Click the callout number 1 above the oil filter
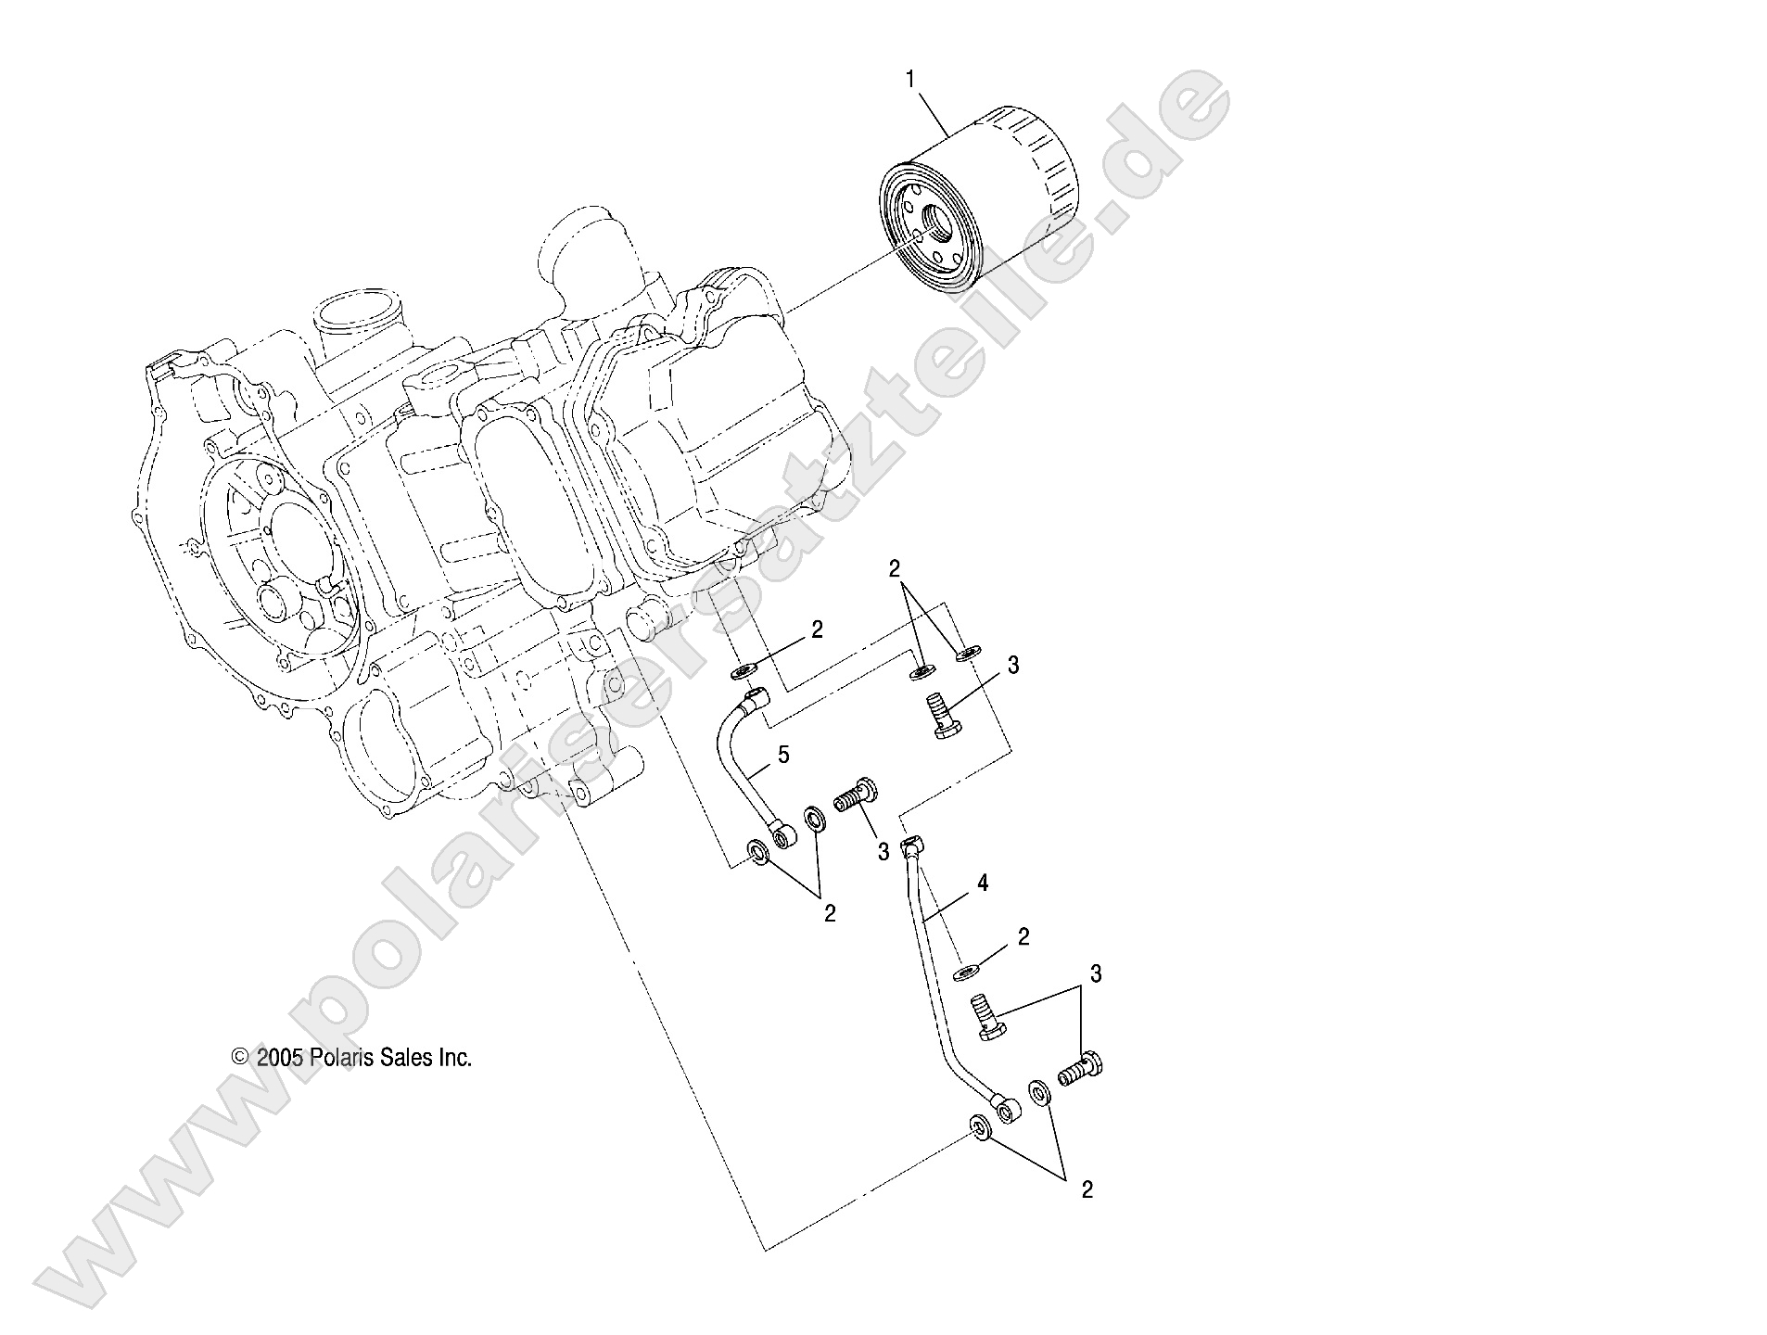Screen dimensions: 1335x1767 (909, 81)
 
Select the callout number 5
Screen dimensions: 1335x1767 (783, 755)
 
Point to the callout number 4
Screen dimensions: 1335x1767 (983, 884)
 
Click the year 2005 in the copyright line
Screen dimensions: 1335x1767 (280, 1058)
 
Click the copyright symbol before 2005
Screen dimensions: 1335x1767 (240, 1059)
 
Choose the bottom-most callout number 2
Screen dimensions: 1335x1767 (1087, 1190)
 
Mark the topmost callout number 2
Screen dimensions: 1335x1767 (895, 569)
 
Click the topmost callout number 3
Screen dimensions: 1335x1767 (1013, 665)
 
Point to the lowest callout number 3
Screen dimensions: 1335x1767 (1096, 973)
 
